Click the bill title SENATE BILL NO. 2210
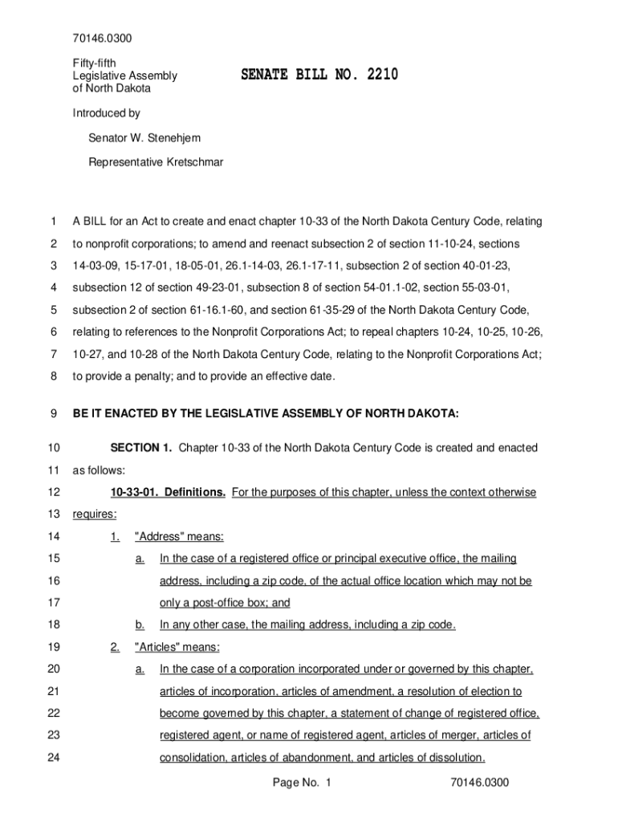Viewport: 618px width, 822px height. point(319,76)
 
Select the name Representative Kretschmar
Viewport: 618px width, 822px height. point(156,162)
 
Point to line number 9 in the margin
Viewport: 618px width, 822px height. point(52,413)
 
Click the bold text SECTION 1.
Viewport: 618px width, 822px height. point(140,448)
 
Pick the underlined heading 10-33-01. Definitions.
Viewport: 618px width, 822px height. point(168,492)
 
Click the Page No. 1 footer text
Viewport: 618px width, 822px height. point(302,783)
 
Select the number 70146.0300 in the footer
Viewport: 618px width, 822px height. point(480,783)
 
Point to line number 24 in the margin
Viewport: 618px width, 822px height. point(53,757)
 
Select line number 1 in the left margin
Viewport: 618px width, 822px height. point(52,221)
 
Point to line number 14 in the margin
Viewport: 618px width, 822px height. point(53,536)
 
